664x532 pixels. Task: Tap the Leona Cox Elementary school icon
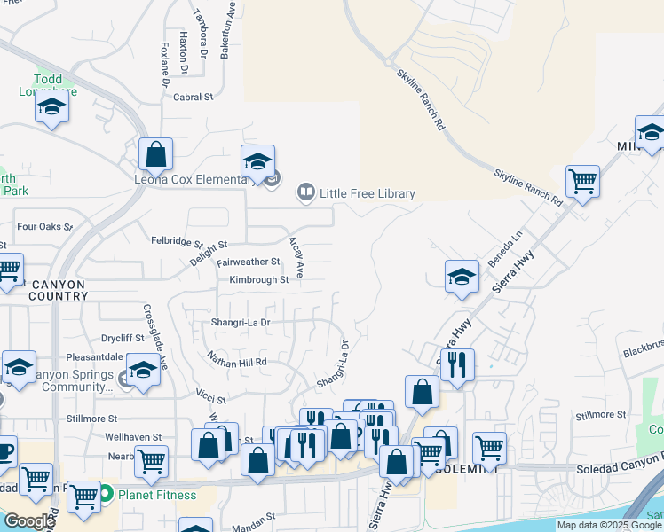click(x=257, y=162)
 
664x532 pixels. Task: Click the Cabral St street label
click(x=194, y=98)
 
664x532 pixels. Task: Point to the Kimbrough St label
click(x=259, y=280)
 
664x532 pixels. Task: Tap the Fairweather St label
click(x=249, y=262)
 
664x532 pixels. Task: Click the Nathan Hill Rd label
click(x=237, y=362)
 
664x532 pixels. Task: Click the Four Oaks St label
click(x=38, y=227)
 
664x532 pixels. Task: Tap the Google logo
click(x=28, y=521)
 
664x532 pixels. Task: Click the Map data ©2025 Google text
click(x=608, y=525)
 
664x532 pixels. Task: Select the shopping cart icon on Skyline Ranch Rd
click(x=582, y=182)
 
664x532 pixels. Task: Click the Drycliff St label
click(x=123, y=338)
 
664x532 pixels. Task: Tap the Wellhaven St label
click(x=133, y=437)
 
